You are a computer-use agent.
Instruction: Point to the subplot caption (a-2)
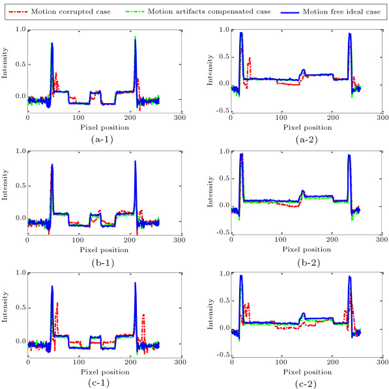(297, 138)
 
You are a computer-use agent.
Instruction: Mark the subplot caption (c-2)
(297, 382)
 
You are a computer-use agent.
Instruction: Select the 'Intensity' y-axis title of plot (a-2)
(210, 69)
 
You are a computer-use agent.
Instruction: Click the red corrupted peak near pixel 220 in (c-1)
(143, 315)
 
